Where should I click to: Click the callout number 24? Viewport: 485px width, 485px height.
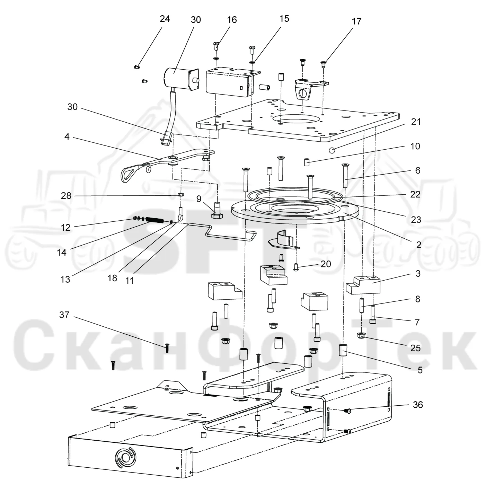point(165,19)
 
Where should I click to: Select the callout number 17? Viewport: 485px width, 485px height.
point(356,21)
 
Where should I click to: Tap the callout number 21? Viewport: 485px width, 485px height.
point(416,122)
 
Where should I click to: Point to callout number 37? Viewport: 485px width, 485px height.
point(64,315)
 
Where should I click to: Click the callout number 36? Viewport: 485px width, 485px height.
point(418,405)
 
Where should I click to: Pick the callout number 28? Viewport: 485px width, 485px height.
point(66,196)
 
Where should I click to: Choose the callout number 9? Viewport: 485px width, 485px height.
point(199,199)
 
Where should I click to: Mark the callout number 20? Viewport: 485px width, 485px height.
point(326,264)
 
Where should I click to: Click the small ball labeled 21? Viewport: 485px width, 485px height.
point(332,150)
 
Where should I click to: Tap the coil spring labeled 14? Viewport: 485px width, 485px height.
point(155,220)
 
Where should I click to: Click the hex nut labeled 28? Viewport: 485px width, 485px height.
point(180,195)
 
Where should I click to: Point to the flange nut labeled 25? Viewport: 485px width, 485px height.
point(361,335)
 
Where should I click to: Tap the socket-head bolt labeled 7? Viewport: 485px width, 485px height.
point(373,314)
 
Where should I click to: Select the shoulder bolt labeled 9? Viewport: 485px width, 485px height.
point(217,211)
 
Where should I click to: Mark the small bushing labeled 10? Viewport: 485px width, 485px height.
point(307,162)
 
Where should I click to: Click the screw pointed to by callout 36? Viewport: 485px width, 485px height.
point(347,411)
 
